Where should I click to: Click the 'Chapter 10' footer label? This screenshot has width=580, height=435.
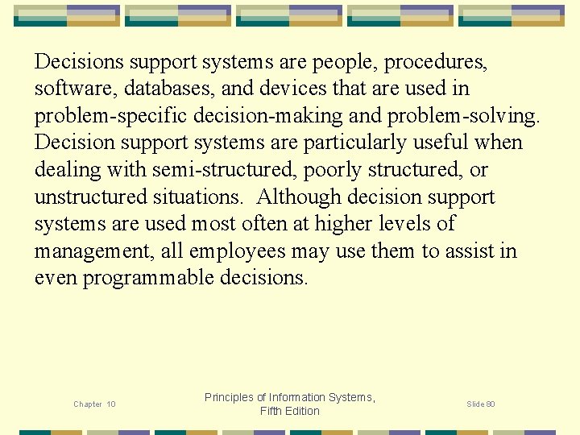click(94, 404)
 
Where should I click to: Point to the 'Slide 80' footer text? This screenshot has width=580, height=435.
click(481, 404)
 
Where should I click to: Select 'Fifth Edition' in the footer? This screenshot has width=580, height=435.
click(290, 412)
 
